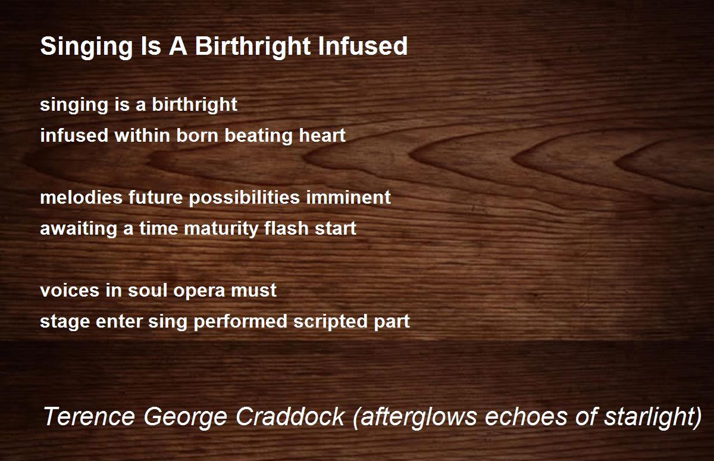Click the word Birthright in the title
tap(253, 47)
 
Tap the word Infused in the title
tap(363, 46)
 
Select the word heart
tap(322, 135)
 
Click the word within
tap(142, 135)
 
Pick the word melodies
tap(82, 197)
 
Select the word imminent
tap(349, 197)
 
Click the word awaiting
tap(79, 229)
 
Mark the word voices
tap(70, 291)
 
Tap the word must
tap(253, 291)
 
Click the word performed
tap(240, 322)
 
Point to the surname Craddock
tap(290, 416)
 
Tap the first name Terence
tap(89, 416)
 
